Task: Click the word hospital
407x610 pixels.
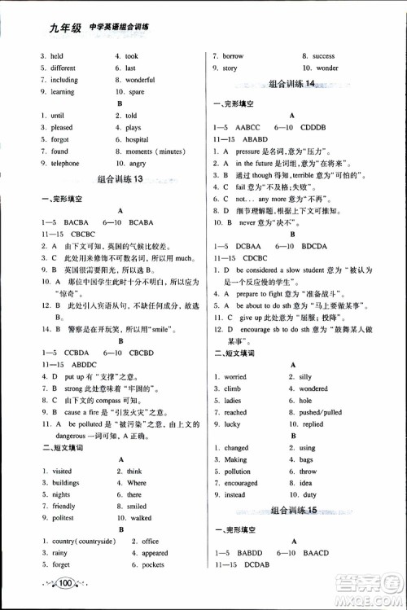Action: point(138,139)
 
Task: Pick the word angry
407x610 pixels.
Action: point(136,163)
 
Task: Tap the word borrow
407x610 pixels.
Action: point(234,56)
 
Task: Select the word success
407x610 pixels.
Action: point(323,56)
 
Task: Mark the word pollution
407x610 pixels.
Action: point(238,471)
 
